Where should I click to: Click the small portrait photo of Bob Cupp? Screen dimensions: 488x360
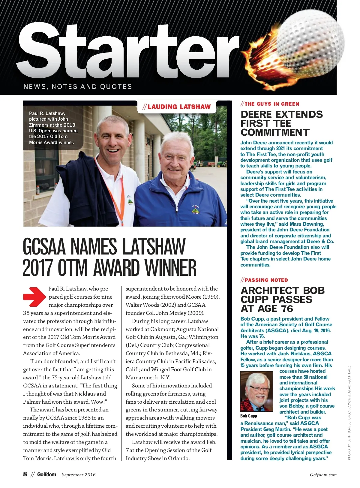click(257, 391)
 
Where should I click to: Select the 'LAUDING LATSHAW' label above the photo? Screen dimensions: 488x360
click(177, 107)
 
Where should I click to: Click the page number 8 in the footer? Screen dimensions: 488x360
click(25, 474)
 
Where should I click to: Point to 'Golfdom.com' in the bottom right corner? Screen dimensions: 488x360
click(323, 475)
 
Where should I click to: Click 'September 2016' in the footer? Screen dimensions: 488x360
click(79, 474)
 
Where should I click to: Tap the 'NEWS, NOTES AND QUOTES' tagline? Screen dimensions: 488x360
click(78, 86)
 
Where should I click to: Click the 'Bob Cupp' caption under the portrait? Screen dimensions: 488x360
click(249, 416)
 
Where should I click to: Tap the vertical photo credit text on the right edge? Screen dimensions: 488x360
click(349, 413)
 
